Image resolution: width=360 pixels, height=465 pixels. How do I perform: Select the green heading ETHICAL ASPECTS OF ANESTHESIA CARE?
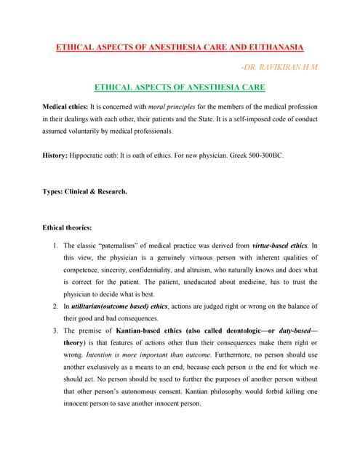tap(181, 88)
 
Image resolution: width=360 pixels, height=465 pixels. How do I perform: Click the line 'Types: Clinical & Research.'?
tap(85, 192)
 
